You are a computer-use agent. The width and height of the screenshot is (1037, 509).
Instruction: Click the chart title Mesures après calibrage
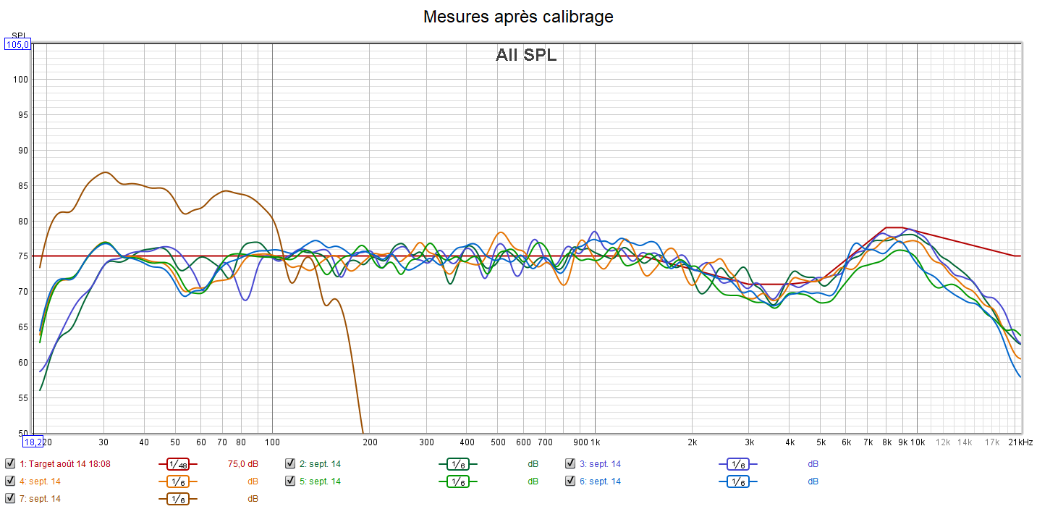point(518,17)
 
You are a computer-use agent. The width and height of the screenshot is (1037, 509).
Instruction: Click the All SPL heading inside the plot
point(526,55)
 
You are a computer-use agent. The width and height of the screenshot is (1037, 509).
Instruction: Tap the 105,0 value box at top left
point(17,45)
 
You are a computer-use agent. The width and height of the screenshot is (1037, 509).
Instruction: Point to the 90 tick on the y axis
point(22,151)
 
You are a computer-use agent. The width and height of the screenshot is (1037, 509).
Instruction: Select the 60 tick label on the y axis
point(22,363)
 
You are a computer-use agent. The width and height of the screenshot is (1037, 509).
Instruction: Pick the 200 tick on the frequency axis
point(370,442)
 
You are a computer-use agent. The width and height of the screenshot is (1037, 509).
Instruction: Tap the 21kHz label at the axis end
point(1021,442)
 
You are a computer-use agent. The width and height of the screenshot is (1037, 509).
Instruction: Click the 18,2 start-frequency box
point(33,442)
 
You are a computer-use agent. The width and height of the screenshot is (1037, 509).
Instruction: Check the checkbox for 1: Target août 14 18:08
point(10,463)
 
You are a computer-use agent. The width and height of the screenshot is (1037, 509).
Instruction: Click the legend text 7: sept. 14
point(40,498)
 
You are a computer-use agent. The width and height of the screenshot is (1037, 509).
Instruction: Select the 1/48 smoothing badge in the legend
point(177,464)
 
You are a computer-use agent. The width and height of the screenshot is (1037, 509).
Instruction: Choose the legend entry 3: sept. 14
point(600,463)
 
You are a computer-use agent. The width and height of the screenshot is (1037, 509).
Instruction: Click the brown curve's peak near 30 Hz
point(106,172)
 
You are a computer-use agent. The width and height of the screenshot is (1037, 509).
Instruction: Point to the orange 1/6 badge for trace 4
point(177,481)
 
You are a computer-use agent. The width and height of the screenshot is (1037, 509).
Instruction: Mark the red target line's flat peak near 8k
point(894,227)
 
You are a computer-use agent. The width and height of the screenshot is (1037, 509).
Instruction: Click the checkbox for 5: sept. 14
point(290,481)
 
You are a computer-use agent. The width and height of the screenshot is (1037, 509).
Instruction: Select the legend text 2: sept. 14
point(320,463)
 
